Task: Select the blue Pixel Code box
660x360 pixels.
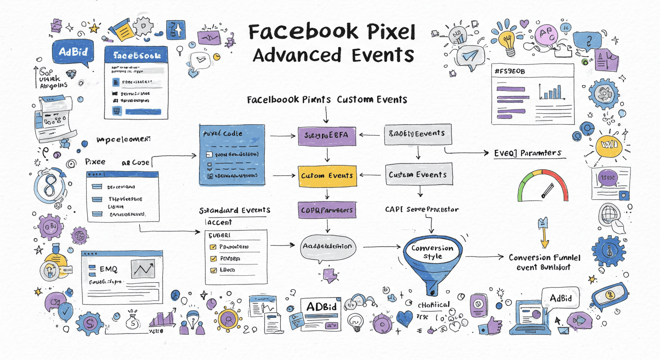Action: (x=232, y=155)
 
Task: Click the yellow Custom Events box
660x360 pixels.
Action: (x=327, y=175)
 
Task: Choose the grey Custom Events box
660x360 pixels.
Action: (x=419, y=174)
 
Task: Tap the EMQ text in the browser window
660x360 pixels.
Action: (x=109, y=269)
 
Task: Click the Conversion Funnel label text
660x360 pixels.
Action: (x=544, y=258)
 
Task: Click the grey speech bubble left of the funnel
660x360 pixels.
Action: (x=327, y=247)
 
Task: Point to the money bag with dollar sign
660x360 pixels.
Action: (x=133, y=321)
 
